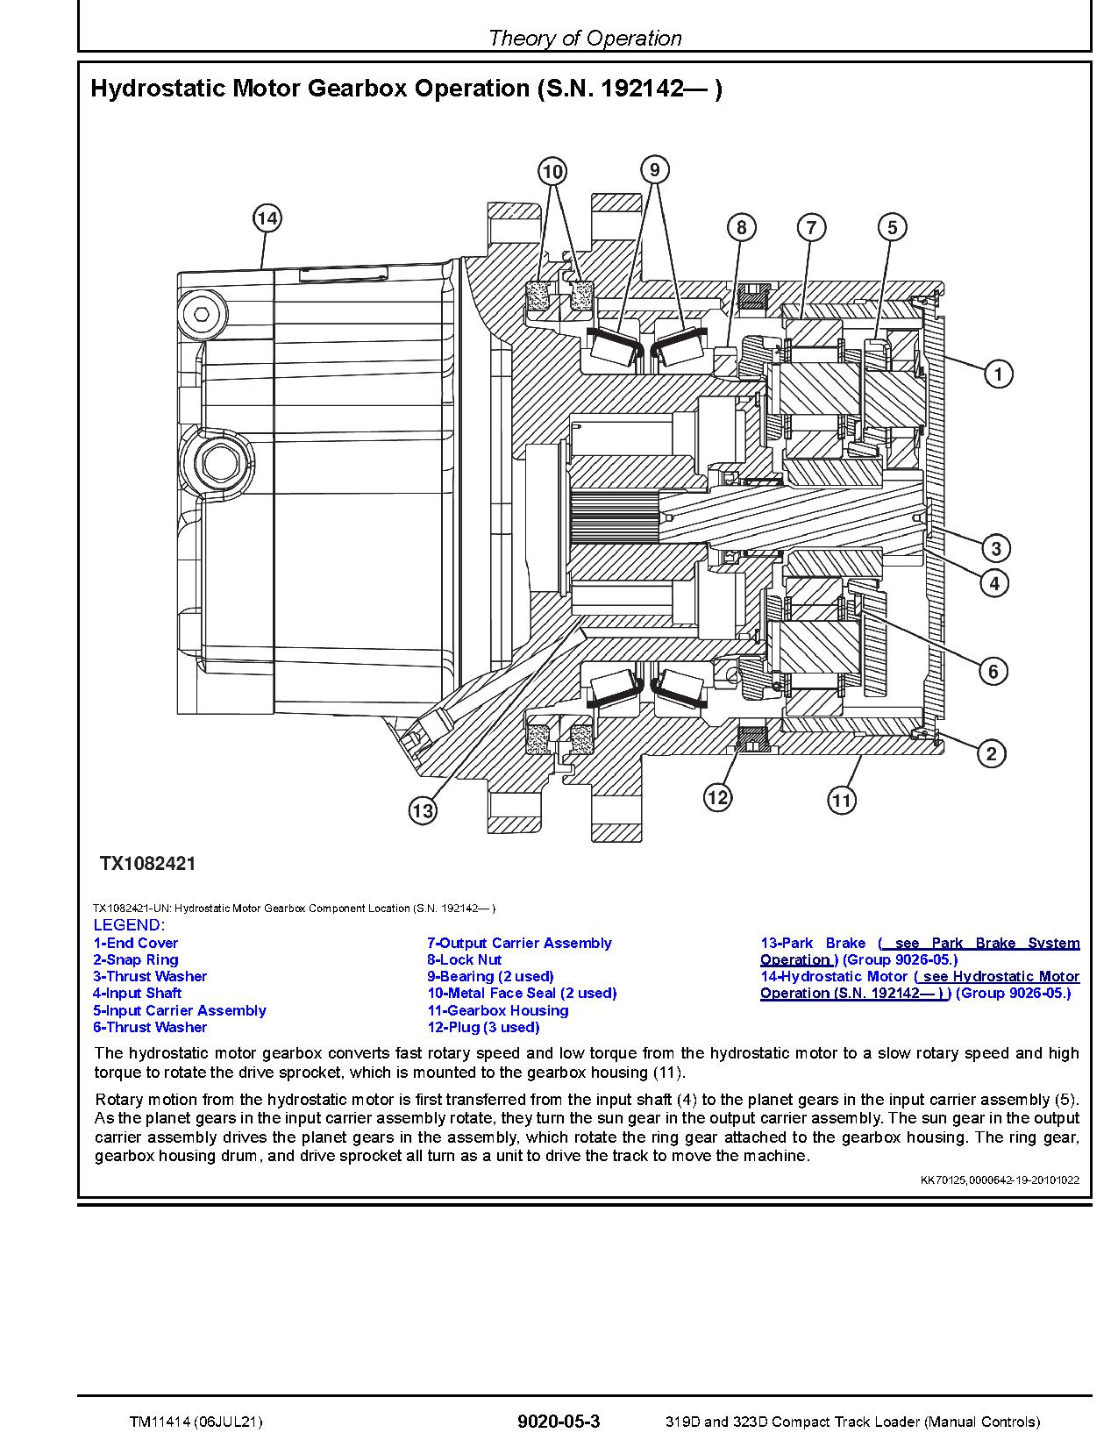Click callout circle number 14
267,218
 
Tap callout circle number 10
552,171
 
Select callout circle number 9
654,168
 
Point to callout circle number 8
741,228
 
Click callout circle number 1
998,374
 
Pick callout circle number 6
993,672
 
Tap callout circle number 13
423,811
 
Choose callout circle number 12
717,797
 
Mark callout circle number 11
841,800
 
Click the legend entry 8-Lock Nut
464,959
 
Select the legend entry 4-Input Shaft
137,993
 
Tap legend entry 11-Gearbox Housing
497,1010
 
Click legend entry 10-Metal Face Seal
522,993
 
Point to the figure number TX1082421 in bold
147,864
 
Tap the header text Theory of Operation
584,38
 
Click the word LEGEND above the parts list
128,925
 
